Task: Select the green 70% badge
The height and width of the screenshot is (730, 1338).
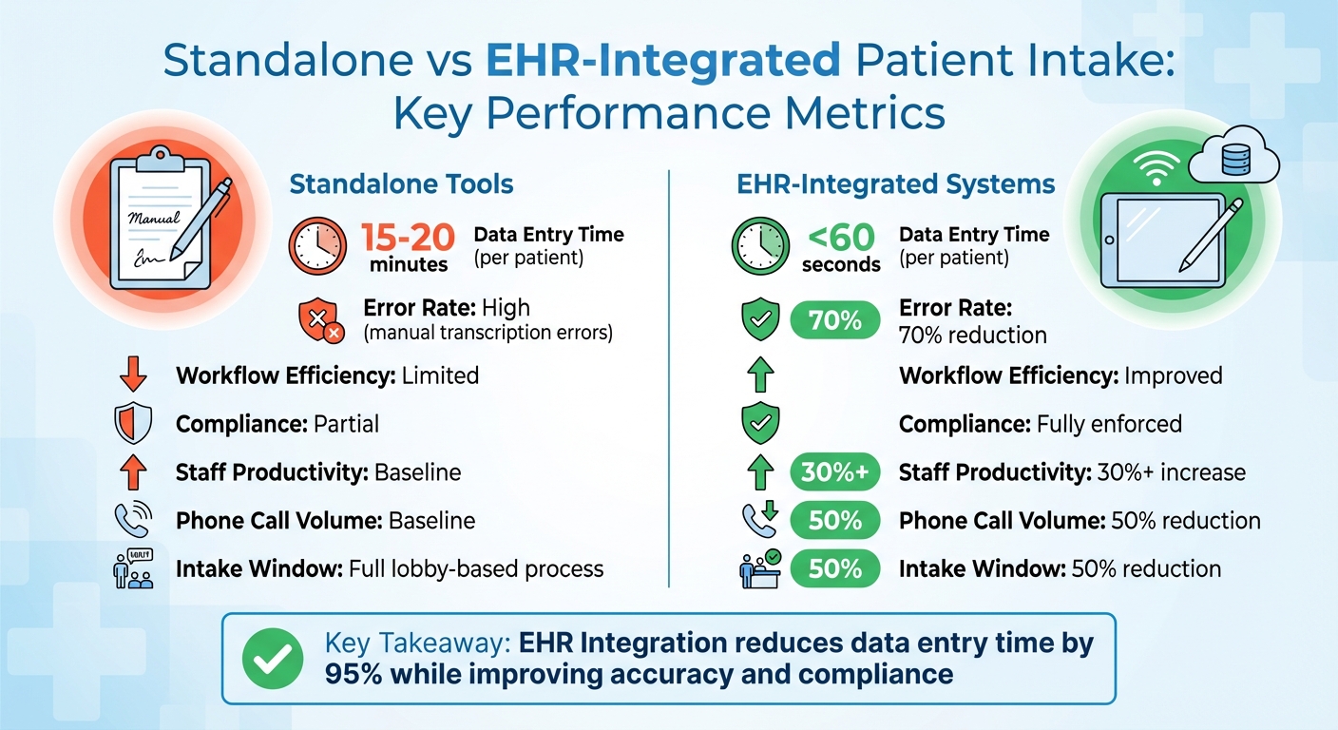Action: pos(834,321)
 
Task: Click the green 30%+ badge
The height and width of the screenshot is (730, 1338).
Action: pos(834,472)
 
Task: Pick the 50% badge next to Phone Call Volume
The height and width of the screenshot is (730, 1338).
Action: pos(834,521)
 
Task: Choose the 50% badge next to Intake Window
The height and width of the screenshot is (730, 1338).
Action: pos(834,568)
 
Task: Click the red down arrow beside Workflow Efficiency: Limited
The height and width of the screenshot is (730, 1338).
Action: pos(132,375)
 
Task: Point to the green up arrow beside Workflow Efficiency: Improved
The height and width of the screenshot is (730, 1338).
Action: pos(759,375)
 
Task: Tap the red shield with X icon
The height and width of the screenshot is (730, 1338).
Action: pos(320,320)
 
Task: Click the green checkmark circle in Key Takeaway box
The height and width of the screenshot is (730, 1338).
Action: pos(273,659)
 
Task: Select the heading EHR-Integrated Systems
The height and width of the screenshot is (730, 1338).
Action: pos(895,183)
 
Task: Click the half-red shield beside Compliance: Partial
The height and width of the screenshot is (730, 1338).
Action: pos(132,424)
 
